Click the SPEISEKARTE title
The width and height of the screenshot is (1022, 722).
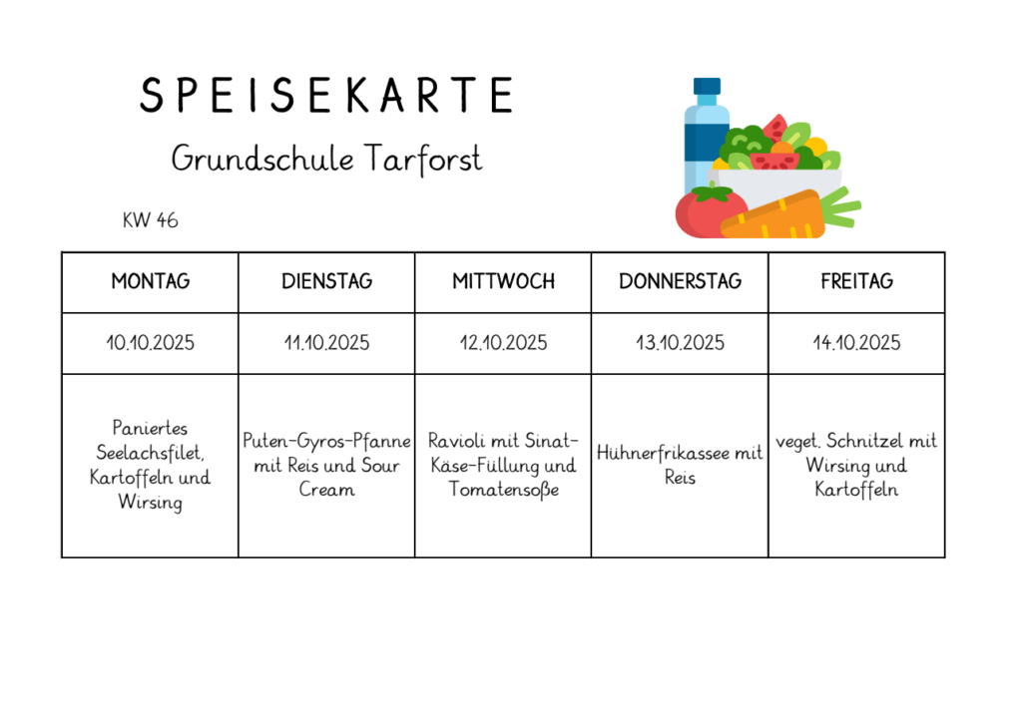[325, 95]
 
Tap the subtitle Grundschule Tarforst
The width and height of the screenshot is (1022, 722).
[326, 158]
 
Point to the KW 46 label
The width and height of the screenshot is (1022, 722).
[150, 220]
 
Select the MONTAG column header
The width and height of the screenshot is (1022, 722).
[150, 281]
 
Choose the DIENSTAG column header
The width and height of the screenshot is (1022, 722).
[326, 281]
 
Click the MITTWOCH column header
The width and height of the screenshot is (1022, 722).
[503, 281]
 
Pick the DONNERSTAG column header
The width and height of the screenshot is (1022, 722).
[680, 281]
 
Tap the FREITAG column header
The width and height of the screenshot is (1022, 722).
[856, 281]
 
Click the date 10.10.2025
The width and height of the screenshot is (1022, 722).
[150, 343]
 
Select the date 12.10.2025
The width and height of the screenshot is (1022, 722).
[503, 343]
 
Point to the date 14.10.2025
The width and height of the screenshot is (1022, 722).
[856, 343]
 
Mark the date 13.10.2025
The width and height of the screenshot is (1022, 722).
[680, 343]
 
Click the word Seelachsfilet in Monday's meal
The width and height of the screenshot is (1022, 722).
[148, 453]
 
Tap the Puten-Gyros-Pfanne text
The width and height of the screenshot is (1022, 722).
[326, 441]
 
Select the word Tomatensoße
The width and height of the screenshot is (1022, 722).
[503, 490]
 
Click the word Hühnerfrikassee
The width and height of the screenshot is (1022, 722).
[662, 453]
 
